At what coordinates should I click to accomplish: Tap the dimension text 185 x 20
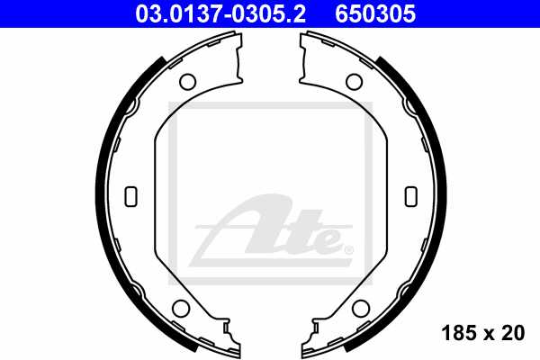pyautogui.click(x=483, y=334)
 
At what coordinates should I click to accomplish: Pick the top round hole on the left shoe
pyautogui.click(x=187, y=82)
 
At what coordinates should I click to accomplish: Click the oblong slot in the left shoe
pyautogui.click(x=130, y=195)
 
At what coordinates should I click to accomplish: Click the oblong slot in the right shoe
pyautogui.click(x=411, y=195)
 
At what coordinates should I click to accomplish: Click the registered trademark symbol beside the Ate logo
pyautogui.click(x=348, y=247)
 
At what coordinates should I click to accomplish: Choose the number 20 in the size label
pyautogui.click(x=514, y=334)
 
